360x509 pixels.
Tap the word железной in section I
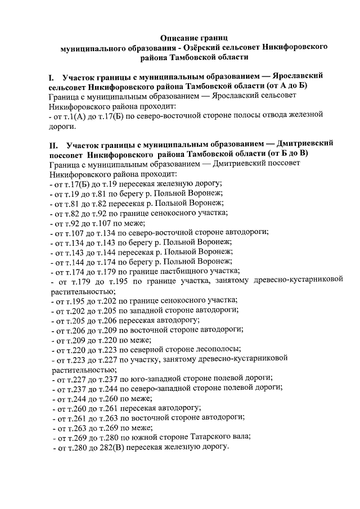coord(300,115)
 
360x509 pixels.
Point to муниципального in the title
coord(92,48)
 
